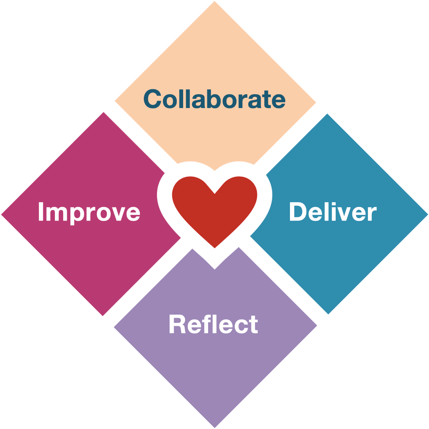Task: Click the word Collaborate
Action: (214, 99)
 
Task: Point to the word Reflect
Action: (213, 324)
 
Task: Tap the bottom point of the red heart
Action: (214, 247)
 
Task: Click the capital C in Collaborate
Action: (153, 99)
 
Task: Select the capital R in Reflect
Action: (178, 324)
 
